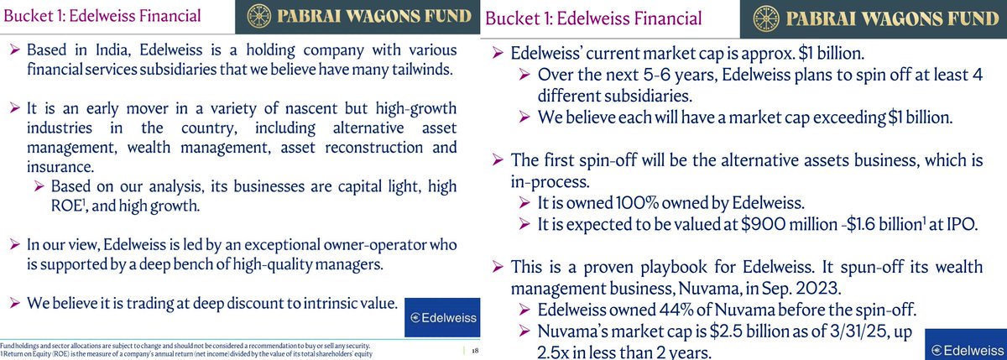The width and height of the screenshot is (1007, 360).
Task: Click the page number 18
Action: pyautogui.click(x=475, y=351)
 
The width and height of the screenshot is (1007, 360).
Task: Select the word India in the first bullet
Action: pyautogui.click(x=112, y=50)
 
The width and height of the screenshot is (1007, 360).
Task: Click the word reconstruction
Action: pyautogui.click(x=373, y=148)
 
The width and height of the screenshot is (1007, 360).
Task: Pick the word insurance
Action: pyautogui.click(x=60, y=167)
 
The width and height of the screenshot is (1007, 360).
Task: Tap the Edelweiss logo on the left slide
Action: pyautogui.click(x=443, y=317)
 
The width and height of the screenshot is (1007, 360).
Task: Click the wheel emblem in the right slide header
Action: pyautogui.click(x=766, y=18)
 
